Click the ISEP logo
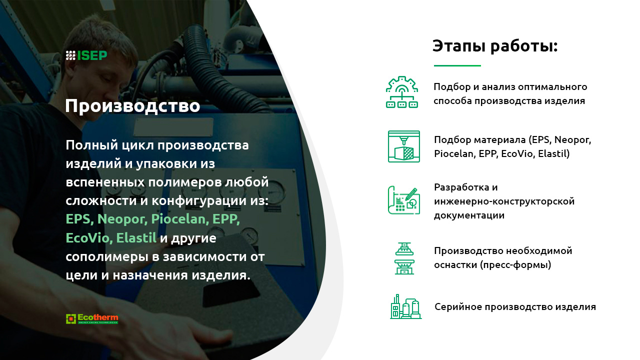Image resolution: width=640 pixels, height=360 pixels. click(86, 55)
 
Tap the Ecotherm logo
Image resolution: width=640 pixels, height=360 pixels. click(92, 318)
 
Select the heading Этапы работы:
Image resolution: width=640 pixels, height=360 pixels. click(495, 46)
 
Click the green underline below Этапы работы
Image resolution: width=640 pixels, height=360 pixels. click(457, 65)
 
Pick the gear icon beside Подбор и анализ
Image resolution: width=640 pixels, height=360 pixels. click(402, 92)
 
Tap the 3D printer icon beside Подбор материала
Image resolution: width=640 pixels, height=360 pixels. click(403, 146)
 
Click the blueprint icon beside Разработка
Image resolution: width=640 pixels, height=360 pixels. click(403, 200)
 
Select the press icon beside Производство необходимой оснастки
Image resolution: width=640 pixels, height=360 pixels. click(404, 258)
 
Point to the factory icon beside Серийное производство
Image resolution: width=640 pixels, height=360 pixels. click(405, 306)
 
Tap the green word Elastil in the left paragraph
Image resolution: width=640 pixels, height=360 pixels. click(136, 237)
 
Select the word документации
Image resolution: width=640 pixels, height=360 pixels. click(469, 215)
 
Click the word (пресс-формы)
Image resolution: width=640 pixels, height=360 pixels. click(515, 265)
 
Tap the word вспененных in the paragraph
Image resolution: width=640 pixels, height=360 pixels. click(105, 182)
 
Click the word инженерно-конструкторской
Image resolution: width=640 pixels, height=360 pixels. click(504, 201)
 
